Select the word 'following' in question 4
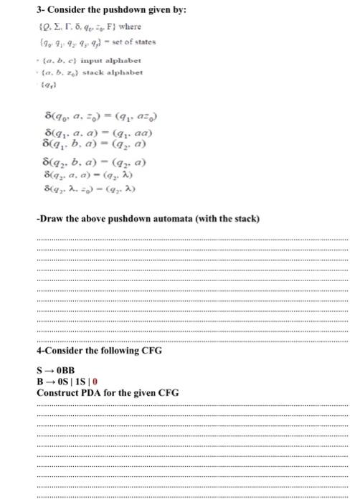(x=110, y=352)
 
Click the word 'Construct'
(x=57, y=393)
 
